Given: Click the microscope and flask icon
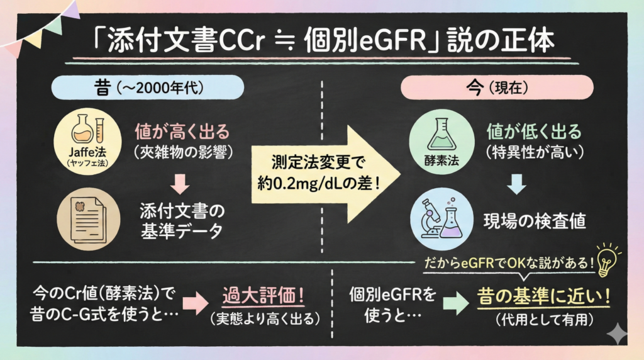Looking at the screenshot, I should [x=441, y=217].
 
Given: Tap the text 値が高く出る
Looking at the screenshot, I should [x=182, y=132].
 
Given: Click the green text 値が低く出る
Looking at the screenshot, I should [x=533, y=132].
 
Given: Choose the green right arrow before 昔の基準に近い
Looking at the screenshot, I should [x=454, y=305].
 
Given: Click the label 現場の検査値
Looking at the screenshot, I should [x=535, y=222].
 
